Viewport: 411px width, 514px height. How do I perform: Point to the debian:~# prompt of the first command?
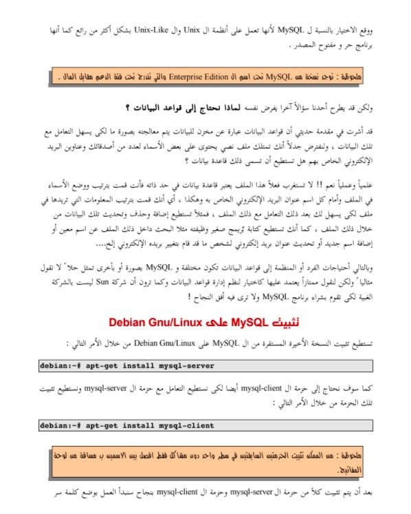(60, 365)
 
